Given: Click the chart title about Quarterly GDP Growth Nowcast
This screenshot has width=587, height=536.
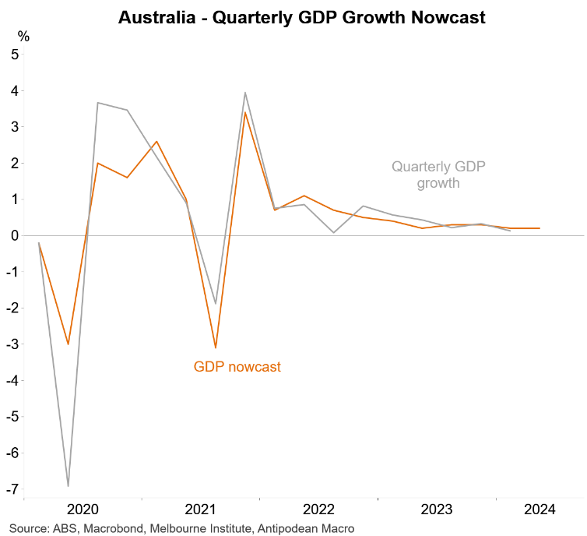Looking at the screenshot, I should tap(302, 17).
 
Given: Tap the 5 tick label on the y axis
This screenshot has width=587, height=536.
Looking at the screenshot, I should tap(14, 55).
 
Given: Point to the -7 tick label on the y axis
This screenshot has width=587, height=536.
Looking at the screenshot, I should tap(12, 488).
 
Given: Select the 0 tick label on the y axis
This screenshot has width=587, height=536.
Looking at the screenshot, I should tap(14, 235).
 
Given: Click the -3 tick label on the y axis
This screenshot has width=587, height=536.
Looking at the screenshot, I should tap(12, 344).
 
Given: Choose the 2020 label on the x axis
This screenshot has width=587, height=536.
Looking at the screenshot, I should tap(83, 510).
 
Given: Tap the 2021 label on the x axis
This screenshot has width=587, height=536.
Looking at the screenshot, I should tap(201, 510).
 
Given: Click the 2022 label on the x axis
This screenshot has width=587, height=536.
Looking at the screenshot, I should tap(319, 510).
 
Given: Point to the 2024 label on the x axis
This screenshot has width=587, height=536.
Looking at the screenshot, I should tap(540, 510).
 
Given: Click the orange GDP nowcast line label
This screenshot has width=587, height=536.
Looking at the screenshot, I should tap(237, 367).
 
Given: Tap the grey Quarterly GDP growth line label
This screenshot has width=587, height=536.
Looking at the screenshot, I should tap(433, 175).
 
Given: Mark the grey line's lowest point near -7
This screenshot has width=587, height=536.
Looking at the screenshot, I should tap(69, 486).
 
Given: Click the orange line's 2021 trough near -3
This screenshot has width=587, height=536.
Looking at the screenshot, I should tap(216, 347).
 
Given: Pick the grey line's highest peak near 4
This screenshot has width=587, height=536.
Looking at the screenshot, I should tap(245, 93).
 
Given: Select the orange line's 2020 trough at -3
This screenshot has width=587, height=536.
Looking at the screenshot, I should tap(69, 344).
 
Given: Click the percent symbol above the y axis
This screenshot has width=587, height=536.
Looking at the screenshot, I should tap(23, 36).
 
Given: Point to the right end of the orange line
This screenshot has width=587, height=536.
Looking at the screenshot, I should tap(540, 228).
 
